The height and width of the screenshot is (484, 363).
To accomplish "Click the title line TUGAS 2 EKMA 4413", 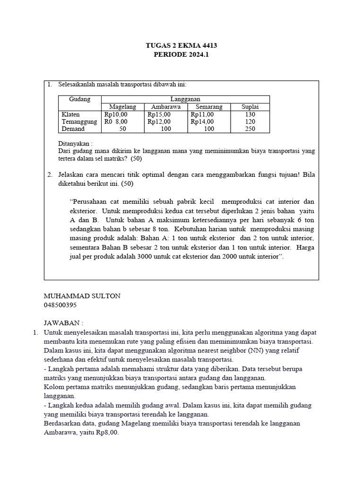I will pyautogui.click(x=181, y=45).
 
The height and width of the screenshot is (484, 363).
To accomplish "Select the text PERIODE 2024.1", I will pyautogui.click(x=181, y=54).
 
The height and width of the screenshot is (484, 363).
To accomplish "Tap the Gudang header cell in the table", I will pyautogui.click(x=79, y=99).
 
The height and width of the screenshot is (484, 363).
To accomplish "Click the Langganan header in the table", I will pyautogui.click(x=186, y=99).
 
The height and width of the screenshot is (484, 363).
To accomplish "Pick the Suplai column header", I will pyautogui.click(x=250, y=107).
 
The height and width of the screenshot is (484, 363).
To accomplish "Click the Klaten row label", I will pyautogui.click(x=71, y=114).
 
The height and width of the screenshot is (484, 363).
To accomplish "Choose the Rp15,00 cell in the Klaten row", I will pyautogui.click(x=159, y=114).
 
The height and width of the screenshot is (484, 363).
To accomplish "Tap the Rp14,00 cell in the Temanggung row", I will pyautogui.click(x=202, y=121).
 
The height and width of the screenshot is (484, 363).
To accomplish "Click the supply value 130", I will pyautogui.click(x=250, y=114).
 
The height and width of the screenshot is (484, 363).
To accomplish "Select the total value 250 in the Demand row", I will pyautogui.click(x=250, y=129).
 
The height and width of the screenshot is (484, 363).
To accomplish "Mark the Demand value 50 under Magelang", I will pyautogui.click(x=122, y=129).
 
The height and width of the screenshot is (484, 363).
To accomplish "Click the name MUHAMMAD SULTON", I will pyautogui.click(x=82, y=296).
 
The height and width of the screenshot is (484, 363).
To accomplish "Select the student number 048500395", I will pyautogui.click(x=60, y=305).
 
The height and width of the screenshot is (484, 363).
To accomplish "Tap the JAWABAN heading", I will pyautogui.click(x=63, y=323).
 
